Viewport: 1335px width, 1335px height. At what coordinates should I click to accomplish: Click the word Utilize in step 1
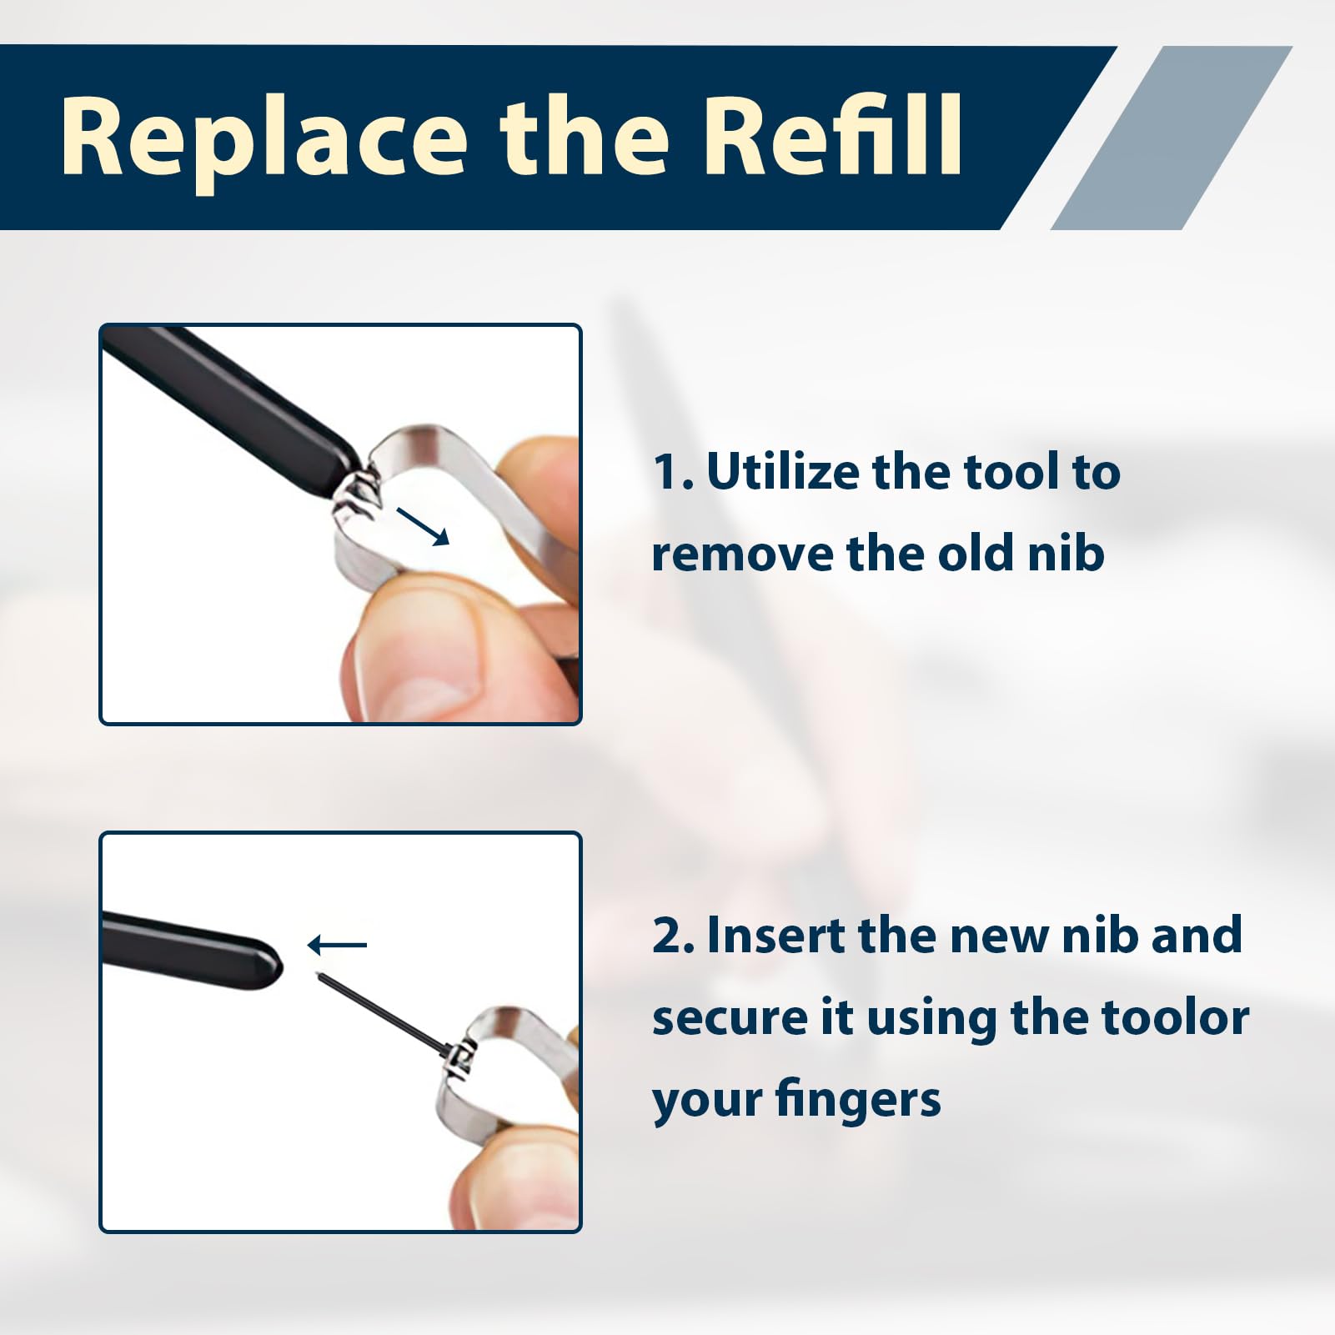pos(782,472)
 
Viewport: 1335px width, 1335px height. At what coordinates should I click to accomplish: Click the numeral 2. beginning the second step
pos(673,936)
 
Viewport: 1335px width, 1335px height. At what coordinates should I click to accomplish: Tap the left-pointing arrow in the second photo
pos(337,945)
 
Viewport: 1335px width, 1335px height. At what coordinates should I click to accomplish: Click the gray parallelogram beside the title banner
pos(1172,138)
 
